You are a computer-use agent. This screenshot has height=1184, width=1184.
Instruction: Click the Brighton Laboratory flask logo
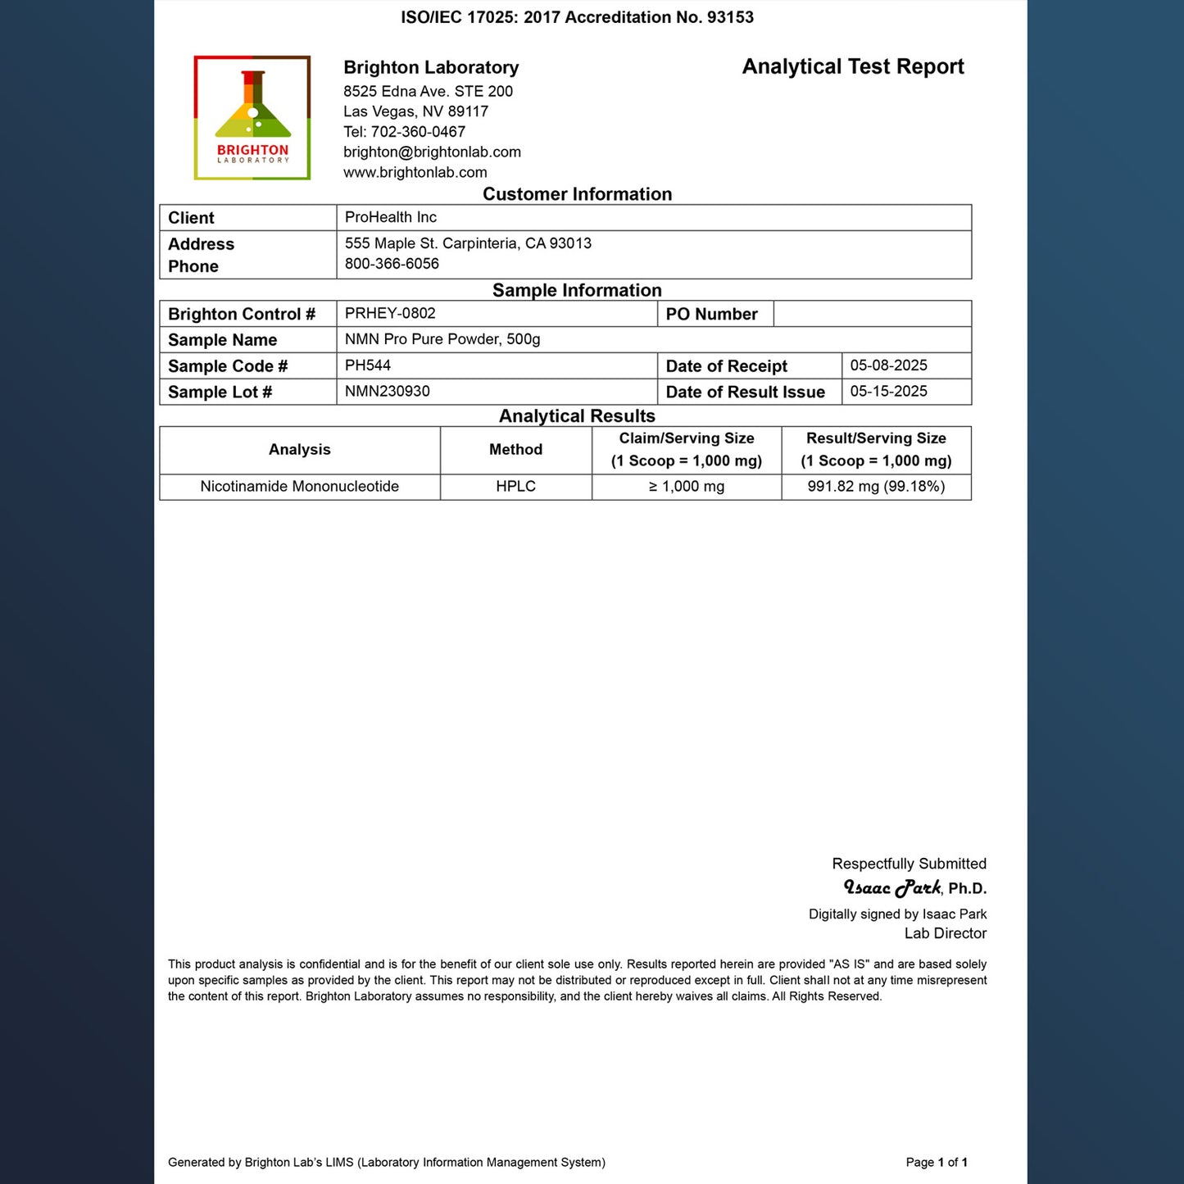[x=252, y=117]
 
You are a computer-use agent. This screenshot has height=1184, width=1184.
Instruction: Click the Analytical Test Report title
[x=853, y=67]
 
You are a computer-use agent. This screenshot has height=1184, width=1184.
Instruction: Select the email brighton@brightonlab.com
[x=432, y=152]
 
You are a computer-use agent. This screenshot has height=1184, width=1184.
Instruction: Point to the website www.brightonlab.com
[x=415, y=173]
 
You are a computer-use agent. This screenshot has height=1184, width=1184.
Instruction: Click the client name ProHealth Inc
[x=390, y=217]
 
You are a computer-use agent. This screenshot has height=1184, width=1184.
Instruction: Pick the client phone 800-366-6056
[x=392, y=264]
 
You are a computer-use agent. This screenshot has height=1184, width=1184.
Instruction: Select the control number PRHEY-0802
[x=390, y=313]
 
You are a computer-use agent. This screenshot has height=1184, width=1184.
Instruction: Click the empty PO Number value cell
[x=872, y=314]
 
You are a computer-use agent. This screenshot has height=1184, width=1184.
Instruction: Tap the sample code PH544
[x=367, y=365]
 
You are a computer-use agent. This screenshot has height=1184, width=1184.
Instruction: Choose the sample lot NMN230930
[x=387, y=392]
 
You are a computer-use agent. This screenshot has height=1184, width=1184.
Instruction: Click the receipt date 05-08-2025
[x=888, y=365]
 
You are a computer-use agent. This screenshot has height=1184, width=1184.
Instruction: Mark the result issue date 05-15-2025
[x=888, y=392]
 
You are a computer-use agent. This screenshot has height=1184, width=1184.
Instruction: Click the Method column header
[x=515, y=450]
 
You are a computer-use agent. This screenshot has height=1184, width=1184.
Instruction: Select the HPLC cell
[x=515, y=487]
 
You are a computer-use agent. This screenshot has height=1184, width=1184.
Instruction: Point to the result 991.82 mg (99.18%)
[x=876, y=487]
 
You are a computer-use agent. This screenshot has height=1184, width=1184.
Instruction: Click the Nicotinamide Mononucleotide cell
[x=299, y=487]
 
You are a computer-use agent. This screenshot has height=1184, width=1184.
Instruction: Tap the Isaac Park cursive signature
[x=892, y=888]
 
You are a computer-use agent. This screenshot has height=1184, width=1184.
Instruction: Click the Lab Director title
[x=945, y=933]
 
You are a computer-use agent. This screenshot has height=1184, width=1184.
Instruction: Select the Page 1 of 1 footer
[x=937, y=1162]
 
